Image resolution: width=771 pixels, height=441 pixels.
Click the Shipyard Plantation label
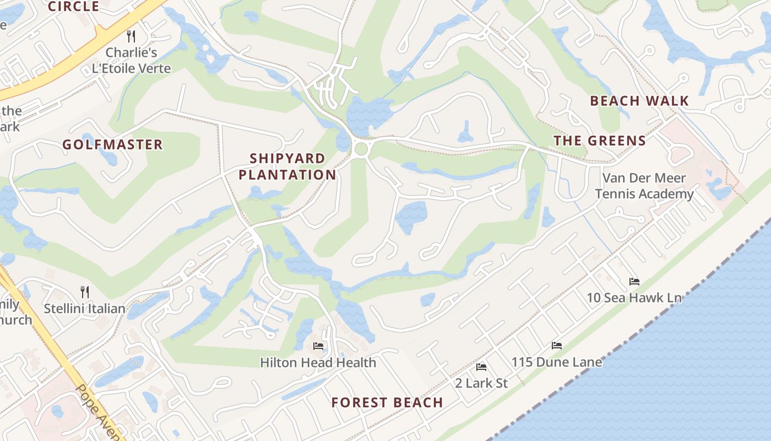tap(287, 166)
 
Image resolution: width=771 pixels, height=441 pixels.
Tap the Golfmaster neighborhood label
tap(112, 144)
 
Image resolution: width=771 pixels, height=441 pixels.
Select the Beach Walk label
tap(639, 101)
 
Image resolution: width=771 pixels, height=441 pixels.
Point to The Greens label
tap(600, 141)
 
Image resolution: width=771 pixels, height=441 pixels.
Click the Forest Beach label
tap(387, 402)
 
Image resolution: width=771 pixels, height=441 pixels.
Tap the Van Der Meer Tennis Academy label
tap(644, 186)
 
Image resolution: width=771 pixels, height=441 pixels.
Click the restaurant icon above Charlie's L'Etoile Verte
tap(131, 36)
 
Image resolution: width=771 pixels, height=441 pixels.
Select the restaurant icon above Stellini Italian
tap(85, 291)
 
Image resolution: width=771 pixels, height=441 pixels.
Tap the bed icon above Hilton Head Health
tap(318, 346)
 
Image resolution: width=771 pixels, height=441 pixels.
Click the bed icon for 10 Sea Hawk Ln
tap(634, 281)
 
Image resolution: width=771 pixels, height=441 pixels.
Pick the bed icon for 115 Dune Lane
tap(557, 346)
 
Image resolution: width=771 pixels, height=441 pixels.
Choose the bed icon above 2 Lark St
tap(481, 367)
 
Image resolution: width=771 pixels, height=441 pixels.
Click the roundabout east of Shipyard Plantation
tap(361, 149)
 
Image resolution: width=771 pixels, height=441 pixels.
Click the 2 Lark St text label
tap(481, 383)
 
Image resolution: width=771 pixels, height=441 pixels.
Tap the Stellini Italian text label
tap(84, 308)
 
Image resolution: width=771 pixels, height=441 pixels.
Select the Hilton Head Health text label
tap(318, 362)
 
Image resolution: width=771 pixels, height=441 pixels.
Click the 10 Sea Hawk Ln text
tap(634, 298)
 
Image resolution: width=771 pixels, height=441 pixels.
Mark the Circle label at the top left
tap(74, 7)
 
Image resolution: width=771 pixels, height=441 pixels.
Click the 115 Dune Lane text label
tap(557, 362)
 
